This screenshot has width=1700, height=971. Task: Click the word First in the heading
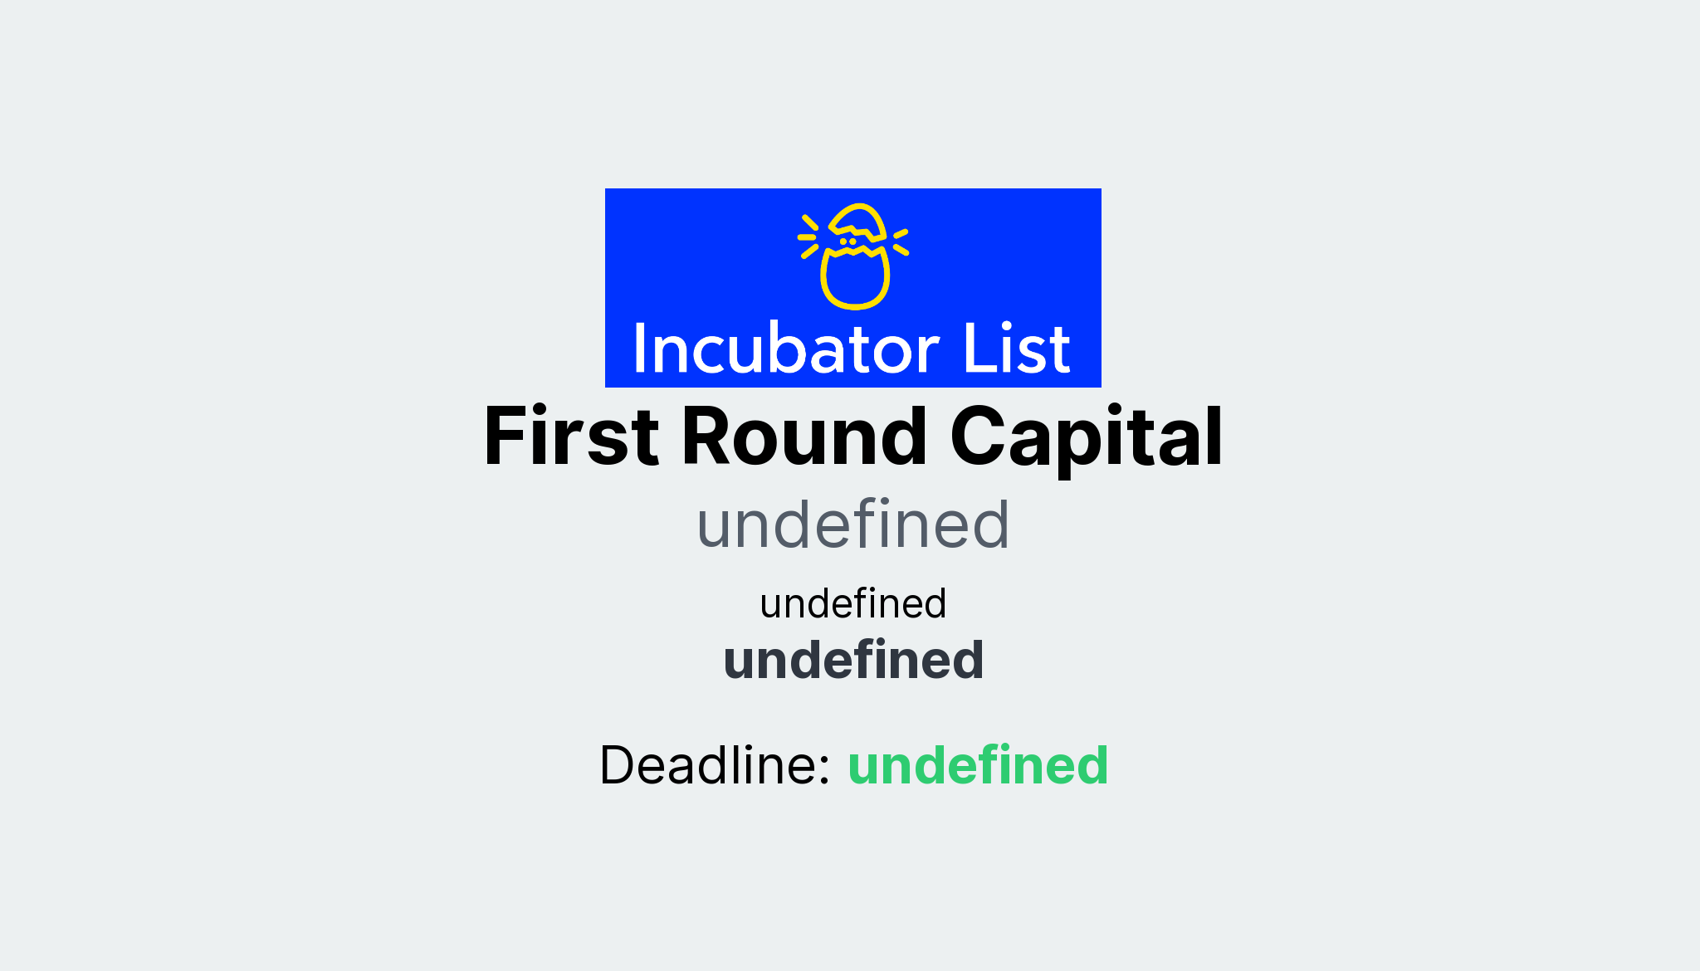(x=571, y=437)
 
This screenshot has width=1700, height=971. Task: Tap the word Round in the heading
(x=804, y=437)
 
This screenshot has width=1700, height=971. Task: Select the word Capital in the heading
(x=1086, y=437)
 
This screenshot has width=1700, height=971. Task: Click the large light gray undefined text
(x=852, y=525)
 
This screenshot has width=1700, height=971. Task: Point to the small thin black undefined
(x=852, y=603)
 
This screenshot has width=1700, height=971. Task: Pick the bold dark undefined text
(x=853, y=660)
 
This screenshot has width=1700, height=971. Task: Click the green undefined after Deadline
(x=978, y=764)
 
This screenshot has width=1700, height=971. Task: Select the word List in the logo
(x=1016, y=349)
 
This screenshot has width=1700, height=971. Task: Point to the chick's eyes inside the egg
(x=848, y=242)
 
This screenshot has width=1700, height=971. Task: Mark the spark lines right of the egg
(x=901, y=241)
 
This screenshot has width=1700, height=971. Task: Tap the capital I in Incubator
(x=640, y=349)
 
